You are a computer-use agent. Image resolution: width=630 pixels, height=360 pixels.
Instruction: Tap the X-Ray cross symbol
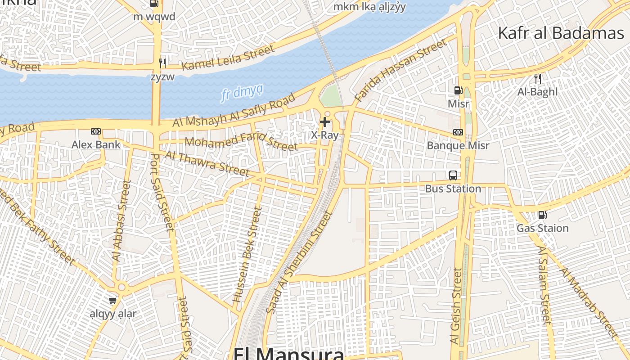coord(324,121)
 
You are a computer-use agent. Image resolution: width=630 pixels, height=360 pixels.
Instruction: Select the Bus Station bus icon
coord(453,175)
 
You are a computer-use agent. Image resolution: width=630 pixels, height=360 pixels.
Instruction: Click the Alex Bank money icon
coord(96,131)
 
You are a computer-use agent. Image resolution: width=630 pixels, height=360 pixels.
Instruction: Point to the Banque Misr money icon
coord(458,132)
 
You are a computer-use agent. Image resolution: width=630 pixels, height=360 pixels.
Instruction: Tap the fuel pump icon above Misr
coord(458,90)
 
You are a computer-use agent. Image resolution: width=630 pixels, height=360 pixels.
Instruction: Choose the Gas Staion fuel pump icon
coord(542,215)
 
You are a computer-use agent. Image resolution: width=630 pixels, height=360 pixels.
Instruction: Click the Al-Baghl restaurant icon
coord(537,79)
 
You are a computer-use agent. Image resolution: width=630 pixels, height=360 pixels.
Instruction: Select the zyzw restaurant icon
coord(162,63)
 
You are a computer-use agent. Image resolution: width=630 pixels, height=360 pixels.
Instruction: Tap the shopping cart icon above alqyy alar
coord(112,300)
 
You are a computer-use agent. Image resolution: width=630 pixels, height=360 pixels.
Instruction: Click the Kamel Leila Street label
coord(228,58)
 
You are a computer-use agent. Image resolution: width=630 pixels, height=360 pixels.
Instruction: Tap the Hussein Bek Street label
coord(247,254)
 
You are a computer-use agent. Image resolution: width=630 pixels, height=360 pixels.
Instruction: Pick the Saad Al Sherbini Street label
coord(299,262)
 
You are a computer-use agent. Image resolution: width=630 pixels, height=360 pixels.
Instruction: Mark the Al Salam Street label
coord(544,285)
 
